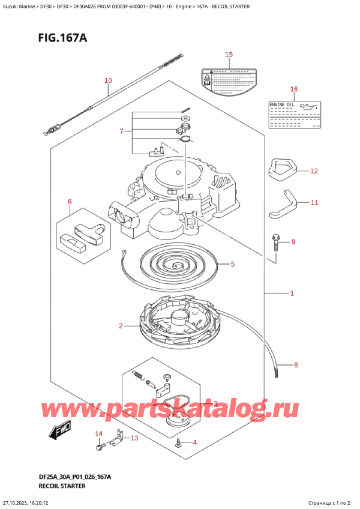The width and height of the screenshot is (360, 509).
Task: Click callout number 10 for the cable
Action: [x=108, y=80]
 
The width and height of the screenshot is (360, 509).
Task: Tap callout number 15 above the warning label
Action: [x=228, y=55]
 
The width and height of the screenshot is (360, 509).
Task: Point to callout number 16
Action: [x=293, y=89]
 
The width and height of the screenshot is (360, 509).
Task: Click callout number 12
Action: [x=314, y=171]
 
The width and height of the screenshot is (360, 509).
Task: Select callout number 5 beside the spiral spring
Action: [x=233, y=264]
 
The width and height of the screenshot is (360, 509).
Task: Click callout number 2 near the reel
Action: [x=121, y=326]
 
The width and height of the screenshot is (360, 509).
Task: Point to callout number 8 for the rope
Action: [x=295, y=364]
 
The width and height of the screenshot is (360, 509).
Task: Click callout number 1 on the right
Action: [x=292, y=294]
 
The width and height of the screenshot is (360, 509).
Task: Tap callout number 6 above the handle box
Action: [x=70, y=201]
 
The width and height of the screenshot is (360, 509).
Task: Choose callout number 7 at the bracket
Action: [x=121, y=131]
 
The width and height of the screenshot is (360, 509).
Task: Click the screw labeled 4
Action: [x=179, y=443]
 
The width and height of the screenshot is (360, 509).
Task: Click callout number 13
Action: [x=134, y=438]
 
